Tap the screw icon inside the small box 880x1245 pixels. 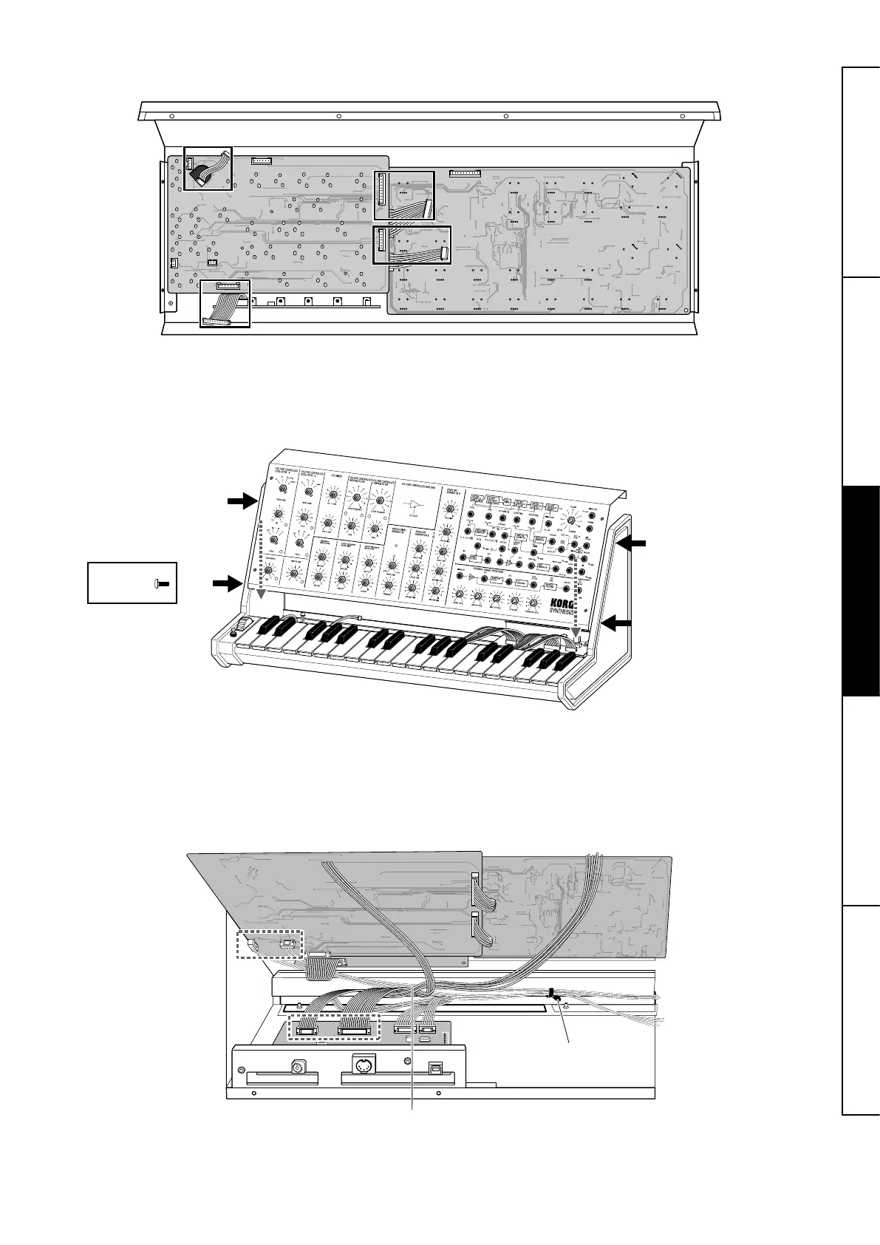(162, 583)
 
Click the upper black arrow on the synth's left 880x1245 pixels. (241, 502)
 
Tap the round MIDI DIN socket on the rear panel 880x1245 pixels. (361, 1068)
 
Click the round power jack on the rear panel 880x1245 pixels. (299, 1068)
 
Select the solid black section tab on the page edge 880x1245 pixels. (861, 590)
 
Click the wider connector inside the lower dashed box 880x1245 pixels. (352, 1031)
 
